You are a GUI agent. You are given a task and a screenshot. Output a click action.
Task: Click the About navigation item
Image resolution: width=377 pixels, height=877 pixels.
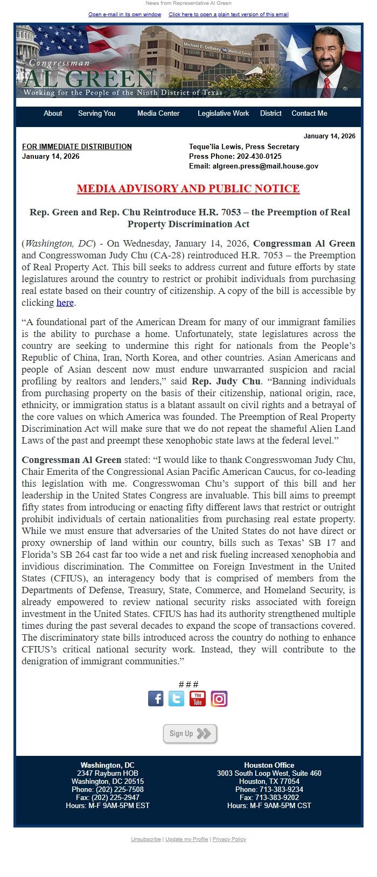53,114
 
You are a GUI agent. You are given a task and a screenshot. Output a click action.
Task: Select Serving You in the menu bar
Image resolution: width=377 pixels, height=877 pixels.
96,114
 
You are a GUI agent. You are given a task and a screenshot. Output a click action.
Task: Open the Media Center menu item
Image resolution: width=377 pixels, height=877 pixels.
158,114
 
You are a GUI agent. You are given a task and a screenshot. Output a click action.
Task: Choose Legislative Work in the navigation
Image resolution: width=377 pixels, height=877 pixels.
223,114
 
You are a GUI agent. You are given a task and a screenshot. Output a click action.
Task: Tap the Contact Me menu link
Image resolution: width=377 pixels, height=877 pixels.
309,114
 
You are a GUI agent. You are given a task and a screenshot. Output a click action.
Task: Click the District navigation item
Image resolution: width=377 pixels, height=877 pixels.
270,114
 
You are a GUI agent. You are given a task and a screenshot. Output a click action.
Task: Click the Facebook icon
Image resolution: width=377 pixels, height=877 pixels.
156,699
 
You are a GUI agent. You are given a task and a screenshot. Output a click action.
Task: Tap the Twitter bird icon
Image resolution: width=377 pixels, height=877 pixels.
176,699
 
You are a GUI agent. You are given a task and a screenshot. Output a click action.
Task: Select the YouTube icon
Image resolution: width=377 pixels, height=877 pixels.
198,699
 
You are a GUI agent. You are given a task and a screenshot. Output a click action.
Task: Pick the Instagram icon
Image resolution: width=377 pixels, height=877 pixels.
219,699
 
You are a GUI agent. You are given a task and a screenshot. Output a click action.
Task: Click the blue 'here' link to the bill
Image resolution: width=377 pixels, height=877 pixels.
65,303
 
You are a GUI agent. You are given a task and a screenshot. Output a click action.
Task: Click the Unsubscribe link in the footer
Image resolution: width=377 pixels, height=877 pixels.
146,839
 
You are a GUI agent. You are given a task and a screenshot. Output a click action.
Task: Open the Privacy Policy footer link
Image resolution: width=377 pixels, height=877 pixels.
229,839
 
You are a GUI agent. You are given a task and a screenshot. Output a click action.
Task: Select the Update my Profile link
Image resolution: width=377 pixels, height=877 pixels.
186,839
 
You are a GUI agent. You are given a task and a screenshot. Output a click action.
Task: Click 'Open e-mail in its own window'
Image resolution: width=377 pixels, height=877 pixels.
125,15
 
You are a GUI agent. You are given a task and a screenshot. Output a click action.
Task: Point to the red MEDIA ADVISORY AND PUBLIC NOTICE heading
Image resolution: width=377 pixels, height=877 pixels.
188,188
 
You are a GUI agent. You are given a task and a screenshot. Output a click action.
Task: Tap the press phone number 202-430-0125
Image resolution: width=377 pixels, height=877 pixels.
259,157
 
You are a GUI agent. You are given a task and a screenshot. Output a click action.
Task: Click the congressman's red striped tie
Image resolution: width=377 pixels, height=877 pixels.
326,88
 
